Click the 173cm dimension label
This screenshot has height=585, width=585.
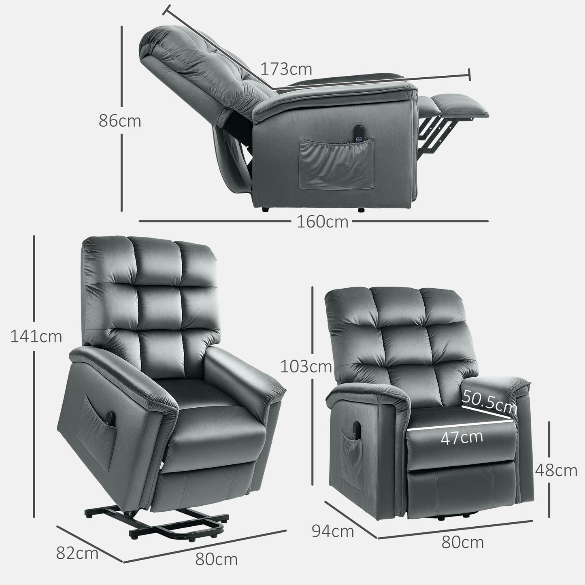[286, 69]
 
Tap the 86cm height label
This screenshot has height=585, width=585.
[120, 121]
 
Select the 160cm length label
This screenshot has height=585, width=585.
[322, 221]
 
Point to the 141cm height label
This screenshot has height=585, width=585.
[36, 336]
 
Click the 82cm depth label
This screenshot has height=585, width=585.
[77, 553]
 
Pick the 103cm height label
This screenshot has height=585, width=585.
[306, 367]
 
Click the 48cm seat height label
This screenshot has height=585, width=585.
[556, 470]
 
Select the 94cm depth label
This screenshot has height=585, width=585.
[333, 531]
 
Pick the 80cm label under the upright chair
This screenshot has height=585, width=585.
[462, 542]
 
